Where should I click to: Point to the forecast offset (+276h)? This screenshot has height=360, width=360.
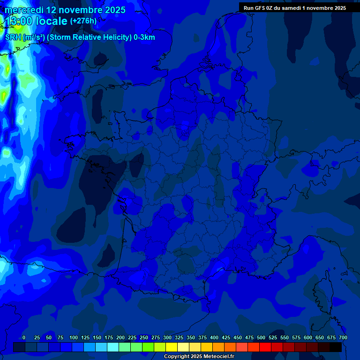(x=83, y=21)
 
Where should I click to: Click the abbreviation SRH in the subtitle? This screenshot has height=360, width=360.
(x=13, y=37)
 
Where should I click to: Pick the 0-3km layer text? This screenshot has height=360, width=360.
(x=144, y=37)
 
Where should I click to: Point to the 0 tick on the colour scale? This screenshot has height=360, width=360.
(x=24, y=337)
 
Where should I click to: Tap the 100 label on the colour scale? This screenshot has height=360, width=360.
(x=74, y=337)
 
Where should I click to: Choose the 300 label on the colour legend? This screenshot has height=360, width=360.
(x=167, y=337)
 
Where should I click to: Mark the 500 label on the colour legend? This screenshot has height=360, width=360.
(x=261, y=337)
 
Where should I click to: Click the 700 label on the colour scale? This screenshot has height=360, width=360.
(x=343, y=337)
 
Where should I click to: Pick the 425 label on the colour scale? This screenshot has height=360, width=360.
(x=226, y=337)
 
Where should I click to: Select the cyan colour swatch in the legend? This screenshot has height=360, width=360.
(x=113, y=347)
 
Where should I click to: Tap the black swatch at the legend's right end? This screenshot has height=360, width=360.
(x=336, y=347)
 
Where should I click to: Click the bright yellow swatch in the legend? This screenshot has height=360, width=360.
(x=172, y=347)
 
